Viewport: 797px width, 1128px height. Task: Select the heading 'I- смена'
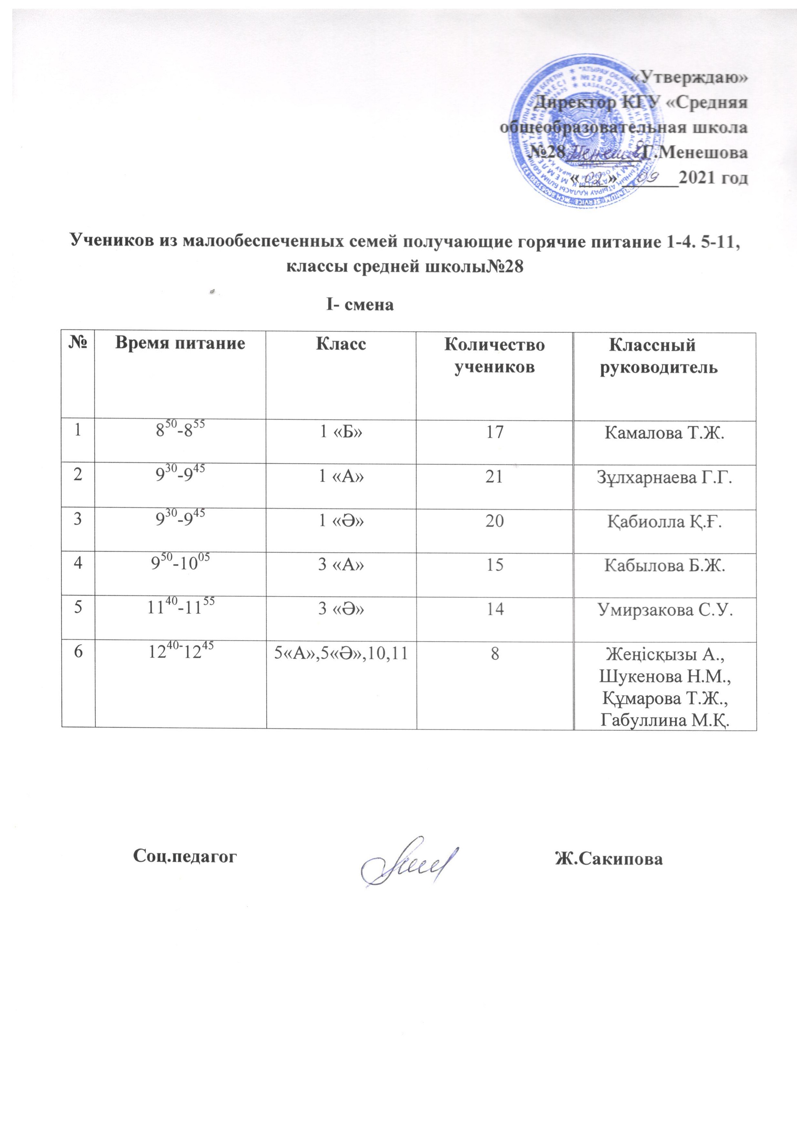click(360, 305)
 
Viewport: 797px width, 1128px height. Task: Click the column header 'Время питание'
click(180, 343)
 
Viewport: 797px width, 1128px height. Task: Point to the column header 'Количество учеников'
click(494, 356)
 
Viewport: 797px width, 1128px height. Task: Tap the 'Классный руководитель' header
click(659, 356)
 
